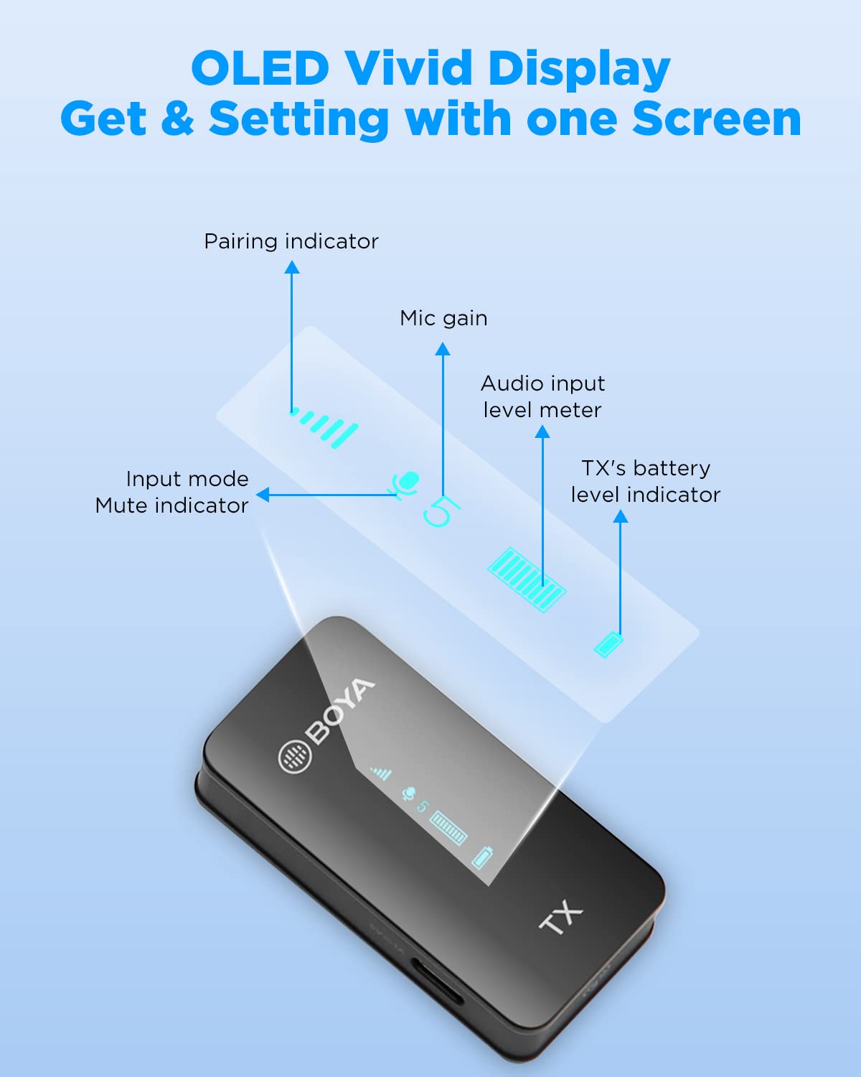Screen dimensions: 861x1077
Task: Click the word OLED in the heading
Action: pyautogui.click(x=260, y=67)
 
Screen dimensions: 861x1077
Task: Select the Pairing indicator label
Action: pyautogui.click(x=291, y=241)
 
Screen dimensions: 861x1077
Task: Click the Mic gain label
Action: pyautogui.click(x=443, y=318)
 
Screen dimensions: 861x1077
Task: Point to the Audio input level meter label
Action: pyautogui.click(x=543, y=397)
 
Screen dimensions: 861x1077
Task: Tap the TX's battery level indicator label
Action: pyautogui.click(x=645, y=482)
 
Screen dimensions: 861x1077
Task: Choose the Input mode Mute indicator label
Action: pyautogui.click(x=171, y=492)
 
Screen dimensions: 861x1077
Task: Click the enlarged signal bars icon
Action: pyautogui.click(x=325, y=427)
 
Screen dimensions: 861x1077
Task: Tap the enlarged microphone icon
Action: pyautogui.click(x=404, y=483)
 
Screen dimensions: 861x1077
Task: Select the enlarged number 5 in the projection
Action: pyautogui.click(x=441, y=511)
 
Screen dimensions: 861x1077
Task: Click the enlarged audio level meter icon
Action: pyautogui.click(x=527, y=579)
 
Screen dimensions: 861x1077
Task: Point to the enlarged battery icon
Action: pyautogui.click(x=608, y=645)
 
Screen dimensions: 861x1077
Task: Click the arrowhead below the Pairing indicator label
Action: pyautogui.click(x=292, y=267)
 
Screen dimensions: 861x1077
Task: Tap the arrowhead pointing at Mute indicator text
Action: pyautogui.click(x=263, y=495)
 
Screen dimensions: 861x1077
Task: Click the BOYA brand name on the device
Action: pyautogui.click(x=340, y=711)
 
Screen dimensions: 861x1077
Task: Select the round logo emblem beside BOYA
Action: pyautogui.click(x=295, y=756)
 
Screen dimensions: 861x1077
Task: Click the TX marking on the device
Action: pyautogui.click(x=561, y=917)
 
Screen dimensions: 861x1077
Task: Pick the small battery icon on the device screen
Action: pyautogui.click(x=482, y=857)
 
